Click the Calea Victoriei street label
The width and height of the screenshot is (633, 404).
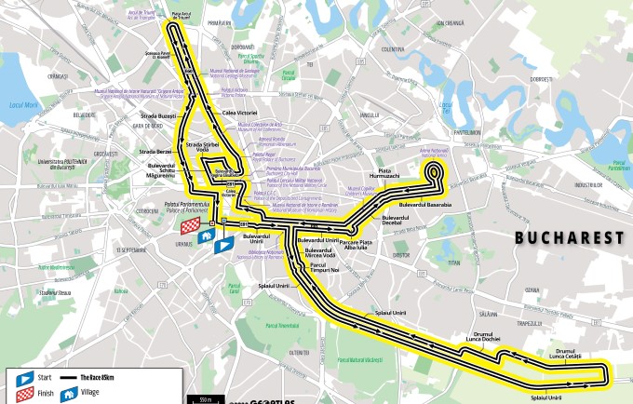click(x=239, y=112)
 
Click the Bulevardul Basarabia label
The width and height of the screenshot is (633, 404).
click(x=424, y=204)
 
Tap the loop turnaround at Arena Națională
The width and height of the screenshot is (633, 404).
click(x=434, y=171)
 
